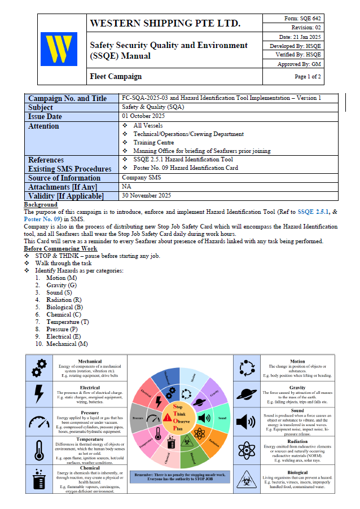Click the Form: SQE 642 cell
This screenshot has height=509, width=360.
(302, 18)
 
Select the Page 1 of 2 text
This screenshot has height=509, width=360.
(308, 76)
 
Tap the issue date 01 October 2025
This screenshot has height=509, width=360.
(146, 116)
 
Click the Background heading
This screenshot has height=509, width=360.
(41, 204)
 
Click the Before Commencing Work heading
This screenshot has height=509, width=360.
(60, 248)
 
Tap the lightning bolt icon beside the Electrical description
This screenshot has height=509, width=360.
(39, 393)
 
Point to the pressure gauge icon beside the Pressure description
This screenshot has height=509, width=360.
(39, 422)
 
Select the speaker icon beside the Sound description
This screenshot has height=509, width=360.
(247, 422)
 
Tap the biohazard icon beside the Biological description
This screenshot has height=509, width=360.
(247, 479)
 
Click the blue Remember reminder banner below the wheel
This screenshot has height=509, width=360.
(179, 478)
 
